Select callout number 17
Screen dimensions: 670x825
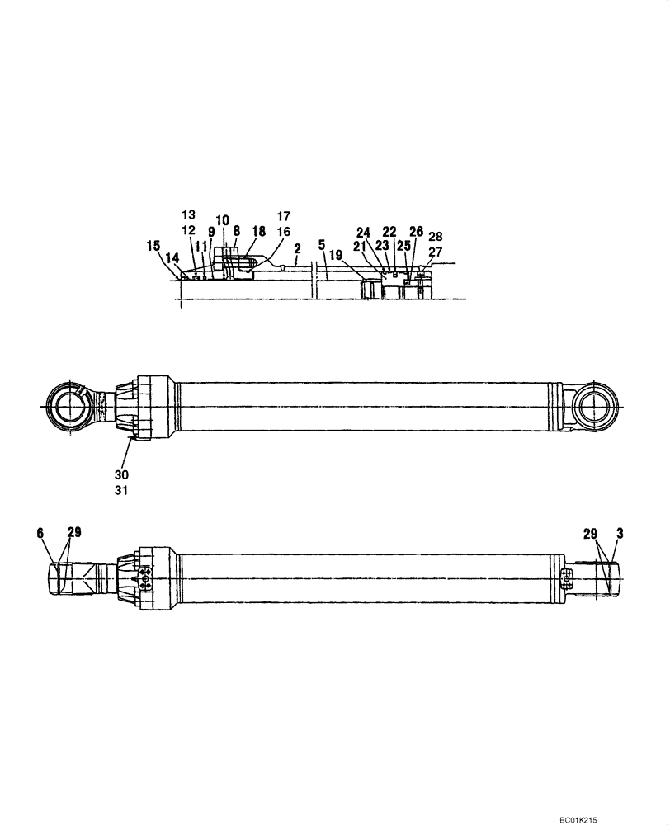(283, 217)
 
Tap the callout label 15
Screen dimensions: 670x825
(153, 245)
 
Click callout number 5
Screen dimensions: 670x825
(321, 245)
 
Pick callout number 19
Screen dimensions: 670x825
(335, 256)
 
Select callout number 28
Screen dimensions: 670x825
(436, 237)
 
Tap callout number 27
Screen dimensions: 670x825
(435, 252)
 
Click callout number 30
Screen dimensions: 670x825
(122, 474)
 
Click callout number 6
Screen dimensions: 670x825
(40, 534)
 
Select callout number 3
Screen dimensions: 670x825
(620, 534)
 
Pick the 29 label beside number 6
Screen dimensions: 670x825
(73, 534)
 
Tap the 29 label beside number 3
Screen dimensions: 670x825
(591, 534)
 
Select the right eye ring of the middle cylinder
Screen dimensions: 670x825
(596, 409)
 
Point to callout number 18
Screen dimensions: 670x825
(259, 232)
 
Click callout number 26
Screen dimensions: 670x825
(416, 232)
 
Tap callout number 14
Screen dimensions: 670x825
(172, 257)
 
